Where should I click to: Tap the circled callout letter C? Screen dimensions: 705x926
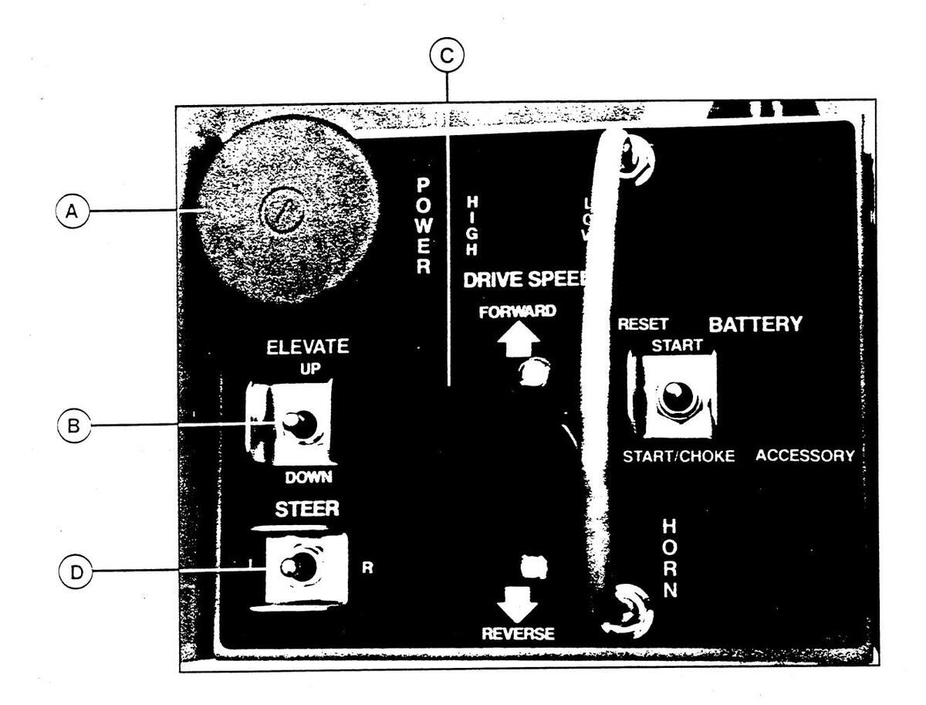tap(447, 56)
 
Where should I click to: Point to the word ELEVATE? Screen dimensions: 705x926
tap(308, 347)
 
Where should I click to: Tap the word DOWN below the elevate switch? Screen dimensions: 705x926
tap(308, 478)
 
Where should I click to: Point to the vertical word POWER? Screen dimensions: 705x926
tap(422, 225)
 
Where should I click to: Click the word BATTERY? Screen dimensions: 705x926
tap(755, 324)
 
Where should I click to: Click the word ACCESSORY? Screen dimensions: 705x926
tap(804, 456)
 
